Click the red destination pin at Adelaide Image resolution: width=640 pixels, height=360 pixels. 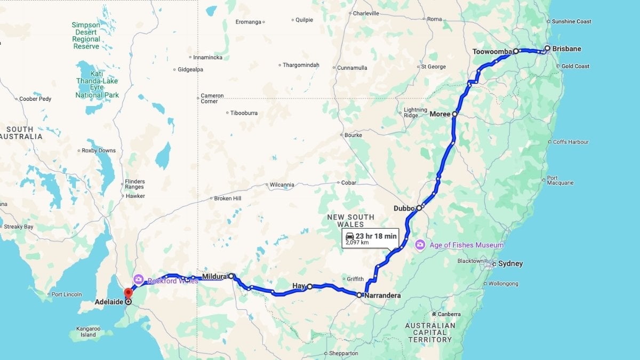[128, 294]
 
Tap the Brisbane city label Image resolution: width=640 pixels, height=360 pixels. [566, 49]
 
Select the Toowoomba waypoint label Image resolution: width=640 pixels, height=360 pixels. [492, 52]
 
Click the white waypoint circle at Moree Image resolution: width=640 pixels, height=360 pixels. [454, 114]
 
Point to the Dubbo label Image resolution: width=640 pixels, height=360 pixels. [404, 209]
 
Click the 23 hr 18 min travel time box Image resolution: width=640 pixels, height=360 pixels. [370, 238]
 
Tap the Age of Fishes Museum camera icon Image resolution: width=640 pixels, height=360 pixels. [420, 245]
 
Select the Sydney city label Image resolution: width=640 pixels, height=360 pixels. [510, 263]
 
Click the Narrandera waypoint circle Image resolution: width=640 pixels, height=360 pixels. [359, 295]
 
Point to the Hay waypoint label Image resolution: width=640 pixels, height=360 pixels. [299, 286]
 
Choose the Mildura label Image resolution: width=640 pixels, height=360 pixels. [214, 277]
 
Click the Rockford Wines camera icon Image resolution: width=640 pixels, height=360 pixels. [138, 279]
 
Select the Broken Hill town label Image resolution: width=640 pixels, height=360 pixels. [228, 198]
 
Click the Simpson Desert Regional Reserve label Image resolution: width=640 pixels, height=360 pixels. [86, 35]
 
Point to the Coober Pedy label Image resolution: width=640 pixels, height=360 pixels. [35, 99]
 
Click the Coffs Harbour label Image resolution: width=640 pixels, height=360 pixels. [571, 142]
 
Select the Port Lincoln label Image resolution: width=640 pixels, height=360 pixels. [66, 294]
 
